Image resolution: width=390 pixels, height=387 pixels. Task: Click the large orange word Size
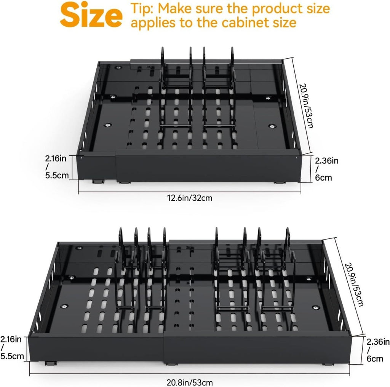91,15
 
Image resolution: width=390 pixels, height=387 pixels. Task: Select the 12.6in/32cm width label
190,198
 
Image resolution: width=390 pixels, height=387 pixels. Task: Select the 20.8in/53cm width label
190,382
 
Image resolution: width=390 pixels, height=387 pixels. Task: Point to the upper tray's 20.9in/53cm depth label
306,106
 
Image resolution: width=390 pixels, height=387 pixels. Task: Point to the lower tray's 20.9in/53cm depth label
354,285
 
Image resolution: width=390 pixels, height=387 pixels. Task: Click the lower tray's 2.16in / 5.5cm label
12,347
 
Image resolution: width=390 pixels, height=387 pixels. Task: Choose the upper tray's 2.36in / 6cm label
326,169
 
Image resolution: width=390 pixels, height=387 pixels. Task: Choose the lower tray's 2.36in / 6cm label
378,350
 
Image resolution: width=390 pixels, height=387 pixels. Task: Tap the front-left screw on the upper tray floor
108,125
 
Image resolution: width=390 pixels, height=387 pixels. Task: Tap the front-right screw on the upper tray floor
272,126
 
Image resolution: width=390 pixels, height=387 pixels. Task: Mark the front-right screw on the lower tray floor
316,308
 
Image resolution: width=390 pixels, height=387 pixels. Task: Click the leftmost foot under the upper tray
98,182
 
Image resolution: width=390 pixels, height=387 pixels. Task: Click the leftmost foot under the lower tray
51,363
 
